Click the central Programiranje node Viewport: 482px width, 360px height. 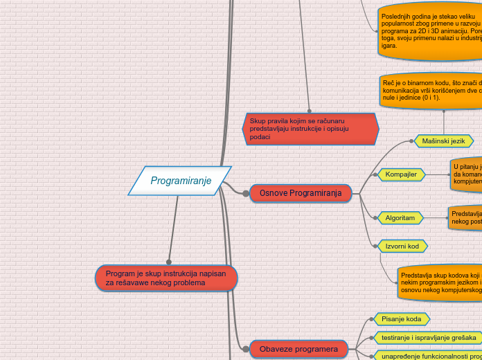tap(179, 181)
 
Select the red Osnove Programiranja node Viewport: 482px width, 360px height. tap(301, 193)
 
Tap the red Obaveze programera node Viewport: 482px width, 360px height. tap(298, 350)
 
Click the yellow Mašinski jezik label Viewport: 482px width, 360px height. tap(443, 141)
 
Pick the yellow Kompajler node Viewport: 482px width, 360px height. tap(401, 174)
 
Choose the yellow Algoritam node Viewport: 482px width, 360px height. tap(400, 218)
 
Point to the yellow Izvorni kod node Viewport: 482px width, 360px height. tap(402, 246)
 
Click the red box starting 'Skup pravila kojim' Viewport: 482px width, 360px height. tap(310, 129)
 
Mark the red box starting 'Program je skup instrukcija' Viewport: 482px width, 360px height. tap(166, 278)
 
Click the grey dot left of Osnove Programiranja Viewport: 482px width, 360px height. tap(246, 194)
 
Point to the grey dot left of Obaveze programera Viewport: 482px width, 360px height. tap(244, 349)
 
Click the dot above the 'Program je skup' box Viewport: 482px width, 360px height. tap(168, 261)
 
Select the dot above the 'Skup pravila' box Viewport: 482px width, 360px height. tap(309, 110)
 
